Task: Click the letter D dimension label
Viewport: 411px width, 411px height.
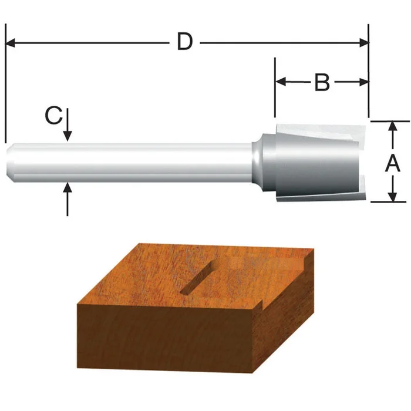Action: click(185, 42)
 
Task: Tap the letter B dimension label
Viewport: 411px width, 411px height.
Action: click(321, 83)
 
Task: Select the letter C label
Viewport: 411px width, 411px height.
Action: click(53, 116)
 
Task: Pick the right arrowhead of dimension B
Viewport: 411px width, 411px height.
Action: click(363, 83)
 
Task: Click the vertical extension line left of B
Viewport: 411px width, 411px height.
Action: click(275, 88)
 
